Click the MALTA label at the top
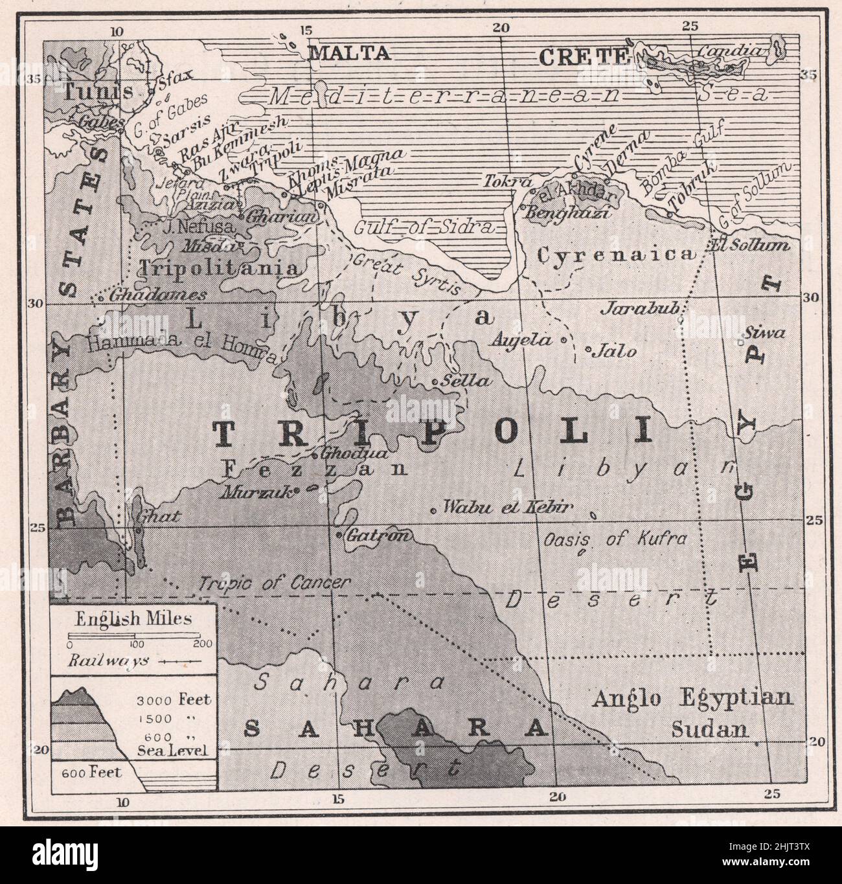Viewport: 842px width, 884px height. pyautogui.click(x=349, y=52)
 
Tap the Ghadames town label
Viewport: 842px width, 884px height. pyautogui.click(x=157, y=295)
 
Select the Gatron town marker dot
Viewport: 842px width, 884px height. pyautogui.click(x=339, y=535)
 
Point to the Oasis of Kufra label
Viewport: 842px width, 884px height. pyautogui.click(x=614, y=539)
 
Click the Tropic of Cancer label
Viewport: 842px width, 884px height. pyautogui.click(x=275, y=583)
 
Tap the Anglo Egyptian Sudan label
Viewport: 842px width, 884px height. pyautogui.click(x=692, y=713)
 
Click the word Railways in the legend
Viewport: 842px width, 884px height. pyautogui.click(x=109, y=661)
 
